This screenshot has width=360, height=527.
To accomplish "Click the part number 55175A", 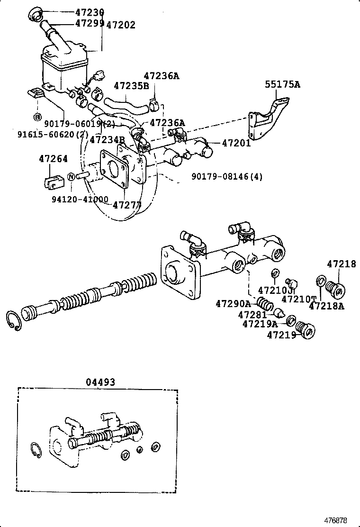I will point(282,85).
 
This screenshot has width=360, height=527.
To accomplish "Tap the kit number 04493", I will point(100,382).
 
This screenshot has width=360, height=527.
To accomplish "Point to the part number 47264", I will point(53,159).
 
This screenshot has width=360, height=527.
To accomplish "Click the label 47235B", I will point(131,86).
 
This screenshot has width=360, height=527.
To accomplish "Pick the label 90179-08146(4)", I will point(227,177).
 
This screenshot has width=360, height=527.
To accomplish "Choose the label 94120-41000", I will point(80,200).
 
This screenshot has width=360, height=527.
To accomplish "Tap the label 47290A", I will point(233,303).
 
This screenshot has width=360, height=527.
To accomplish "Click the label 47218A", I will point(326,306).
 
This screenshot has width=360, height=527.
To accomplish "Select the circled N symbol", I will point(70,177).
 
